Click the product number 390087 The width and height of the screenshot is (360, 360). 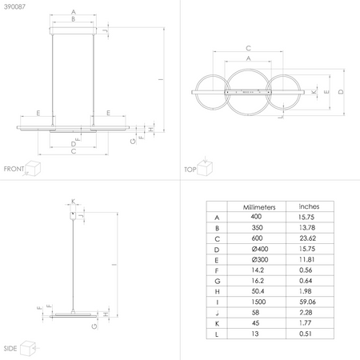pyautogui.click(x=12, y=6)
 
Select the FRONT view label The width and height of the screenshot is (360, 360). pyautogui.click(x=14, y=169)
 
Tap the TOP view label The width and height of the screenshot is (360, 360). pyautogui.click(x=190, y=170)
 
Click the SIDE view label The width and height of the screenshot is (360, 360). pyautogui.click(x=11, y=350)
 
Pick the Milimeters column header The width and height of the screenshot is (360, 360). pyautogui.click(x=258, y=206)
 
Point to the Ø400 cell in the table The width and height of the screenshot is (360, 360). pyautogui.click(x=258, y=249)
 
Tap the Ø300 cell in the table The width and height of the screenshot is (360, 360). pyautogui.click(x=258, y=260)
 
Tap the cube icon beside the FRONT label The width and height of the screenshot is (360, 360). pyautogui.click(x=34, y=167)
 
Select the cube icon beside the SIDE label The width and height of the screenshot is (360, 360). pyautogui.click(x=30, y=348)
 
